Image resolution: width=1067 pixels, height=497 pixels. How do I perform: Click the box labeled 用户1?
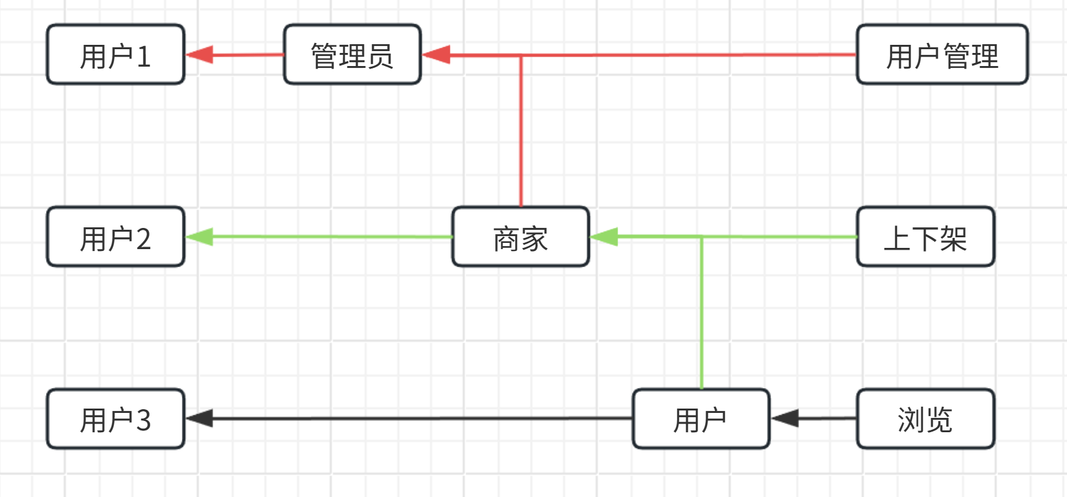click(x=116, y=55)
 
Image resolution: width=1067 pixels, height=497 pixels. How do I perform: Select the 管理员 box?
click(x=352, y=55)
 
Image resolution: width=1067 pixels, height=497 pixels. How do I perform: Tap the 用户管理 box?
click(x=942, y=55)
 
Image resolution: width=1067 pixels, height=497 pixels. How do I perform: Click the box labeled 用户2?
click(x=116, y=237)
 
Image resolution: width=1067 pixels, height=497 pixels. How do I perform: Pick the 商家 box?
click(x=520, y=237)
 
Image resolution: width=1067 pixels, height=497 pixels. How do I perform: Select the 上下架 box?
click(x=925, y=237)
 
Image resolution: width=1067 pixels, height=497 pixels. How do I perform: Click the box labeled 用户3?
click(x=116, y=419)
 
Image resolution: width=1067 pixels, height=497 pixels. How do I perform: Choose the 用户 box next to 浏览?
click(x=701, y=419)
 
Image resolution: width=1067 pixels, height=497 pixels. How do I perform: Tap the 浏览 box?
click(x=925, y=419)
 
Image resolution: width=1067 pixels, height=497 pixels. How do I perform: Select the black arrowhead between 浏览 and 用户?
click(x=785, y=419)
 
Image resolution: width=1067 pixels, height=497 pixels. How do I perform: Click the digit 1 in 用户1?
click(x=143, y=57)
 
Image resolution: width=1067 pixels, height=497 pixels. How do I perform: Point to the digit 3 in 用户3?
click(x=143, y=420)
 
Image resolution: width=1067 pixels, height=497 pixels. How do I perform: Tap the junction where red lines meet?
click(x=521, y=55)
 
